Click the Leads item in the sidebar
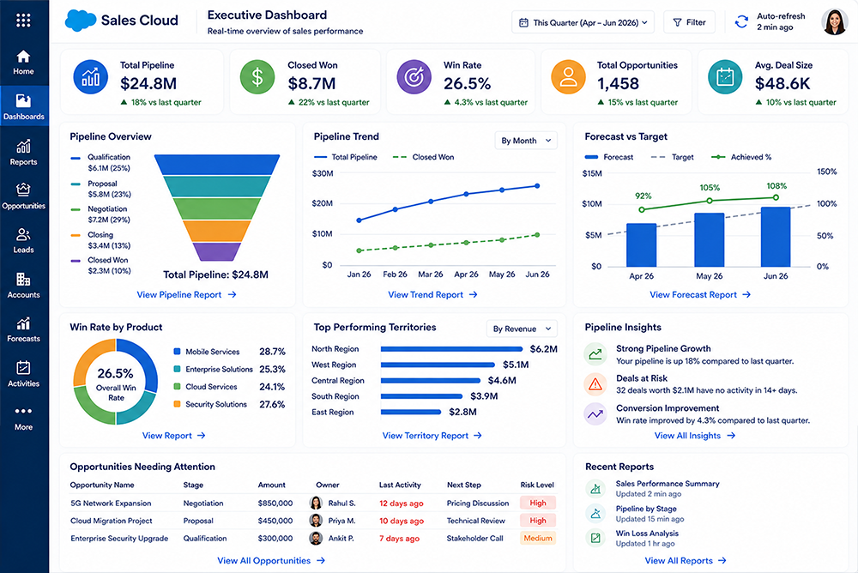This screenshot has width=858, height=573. (23, 241)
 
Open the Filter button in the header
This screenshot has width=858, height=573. (689, 22)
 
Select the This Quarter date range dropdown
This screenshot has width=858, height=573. (583, 22)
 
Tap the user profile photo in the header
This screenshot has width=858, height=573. (835, 22)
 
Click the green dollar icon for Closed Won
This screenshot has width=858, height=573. (257, 76)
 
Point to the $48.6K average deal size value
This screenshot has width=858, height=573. (782, 84)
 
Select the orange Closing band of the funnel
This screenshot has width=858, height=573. (217, 231)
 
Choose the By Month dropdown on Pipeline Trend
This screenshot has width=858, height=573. (526, 141)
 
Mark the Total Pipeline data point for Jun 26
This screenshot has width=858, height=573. (537, 186)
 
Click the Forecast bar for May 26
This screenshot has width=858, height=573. (710, 239)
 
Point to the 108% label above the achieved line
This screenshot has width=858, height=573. (776, 186)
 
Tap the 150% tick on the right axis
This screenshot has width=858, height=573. (826, 172)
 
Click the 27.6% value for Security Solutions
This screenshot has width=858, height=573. (272, 404)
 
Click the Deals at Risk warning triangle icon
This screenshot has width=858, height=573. (595, 384)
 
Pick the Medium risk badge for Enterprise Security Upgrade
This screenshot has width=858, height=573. (537, 538)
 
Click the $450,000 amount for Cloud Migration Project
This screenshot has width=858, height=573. (275, 521)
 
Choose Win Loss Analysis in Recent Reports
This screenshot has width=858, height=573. (647, 533)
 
